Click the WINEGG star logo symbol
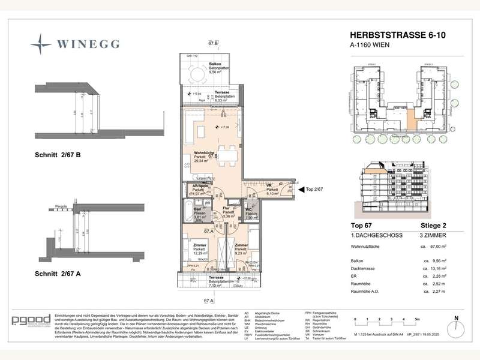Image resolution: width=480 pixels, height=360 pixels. coord(41,43)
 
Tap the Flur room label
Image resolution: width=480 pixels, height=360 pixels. coord(228,212)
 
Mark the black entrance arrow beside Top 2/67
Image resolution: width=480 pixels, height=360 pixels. coord(300,188)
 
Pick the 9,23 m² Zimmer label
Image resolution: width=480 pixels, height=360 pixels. coord(241,249)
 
